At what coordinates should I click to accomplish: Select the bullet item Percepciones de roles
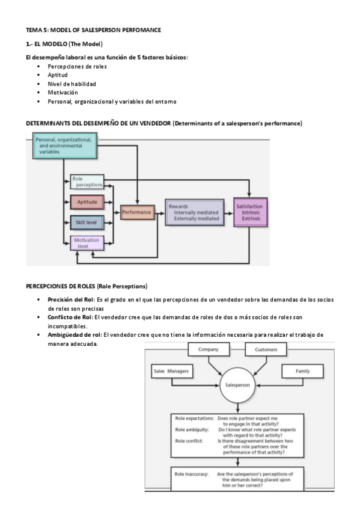point(78,66)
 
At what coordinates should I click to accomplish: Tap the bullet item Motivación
point(63,93)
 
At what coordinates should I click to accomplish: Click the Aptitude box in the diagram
point(87,201)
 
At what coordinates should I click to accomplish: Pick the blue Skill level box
point(87,223)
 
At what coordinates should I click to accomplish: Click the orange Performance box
point(138,212)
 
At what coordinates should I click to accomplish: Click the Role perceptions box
point(87,182)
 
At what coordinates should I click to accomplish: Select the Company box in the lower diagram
point(209,349)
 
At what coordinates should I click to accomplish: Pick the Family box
point(302,372)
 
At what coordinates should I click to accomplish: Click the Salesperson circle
point(237,385)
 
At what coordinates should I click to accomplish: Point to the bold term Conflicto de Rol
point(70,316)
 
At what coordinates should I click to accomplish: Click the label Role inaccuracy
point(192,475)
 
